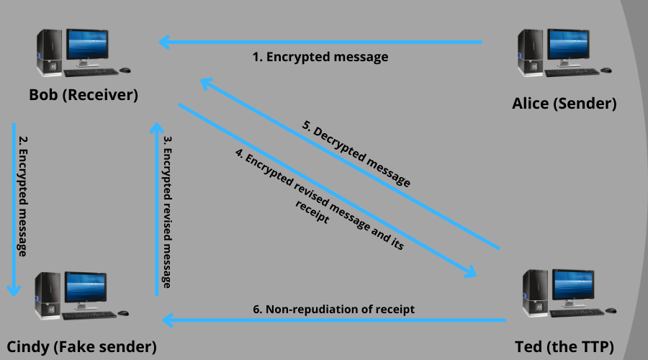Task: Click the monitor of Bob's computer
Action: coord(88,46)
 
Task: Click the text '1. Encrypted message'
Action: coord(320,57)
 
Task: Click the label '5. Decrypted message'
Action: coord(356,156)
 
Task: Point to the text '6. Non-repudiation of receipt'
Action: coord(333,309)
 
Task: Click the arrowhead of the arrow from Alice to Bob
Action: coord(165,42)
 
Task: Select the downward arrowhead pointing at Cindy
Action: coord(14,289)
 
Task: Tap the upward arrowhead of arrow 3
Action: coord(156,128)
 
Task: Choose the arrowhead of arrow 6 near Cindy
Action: coord(166,320)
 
